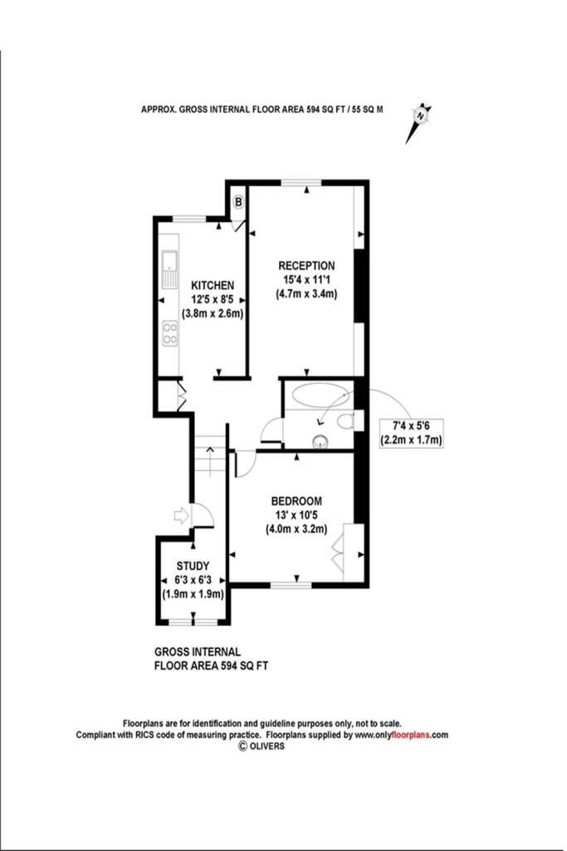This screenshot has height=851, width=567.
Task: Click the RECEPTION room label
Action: pos(306,266)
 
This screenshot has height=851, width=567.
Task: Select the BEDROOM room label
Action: pos(296,501)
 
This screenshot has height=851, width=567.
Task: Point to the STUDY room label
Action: pos(192,566)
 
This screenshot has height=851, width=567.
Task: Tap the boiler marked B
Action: pos(238,201)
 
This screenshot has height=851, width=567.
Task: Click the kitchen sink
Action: pos(170,266)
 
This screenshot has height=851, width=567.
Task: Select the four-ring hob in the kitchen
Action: pos(170,333)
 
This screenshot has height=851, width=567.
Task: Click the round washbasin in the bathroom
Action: pos(320,440)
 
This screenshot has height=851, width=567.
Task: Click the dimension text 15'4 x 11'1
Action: pos(306,280)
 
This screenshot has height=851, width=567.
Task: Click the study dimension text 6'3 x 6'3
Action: pos(192,580)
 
